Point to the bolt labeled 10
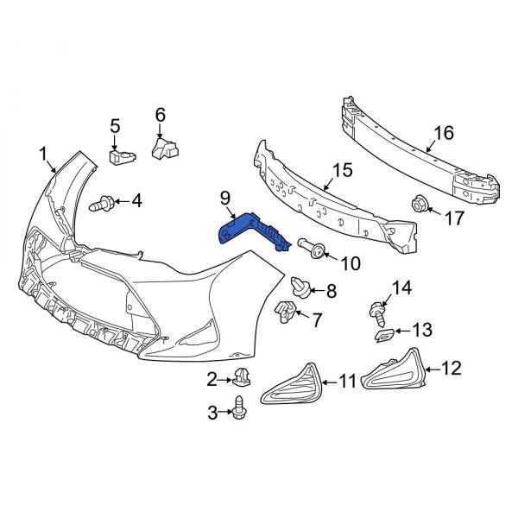pyautogui.click(x=315, y=250)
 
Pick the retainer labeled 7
pyautogui.click(x=285, y=313)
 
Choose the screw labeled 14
pyautogui.click(x=379, y=309)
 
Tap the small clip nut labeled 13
pyautogui.click(x=385, y=332)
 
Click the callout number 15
pyautogui.click(x=343, y=171)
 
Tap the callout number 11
pyautogui.click(x=347, y=380)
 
